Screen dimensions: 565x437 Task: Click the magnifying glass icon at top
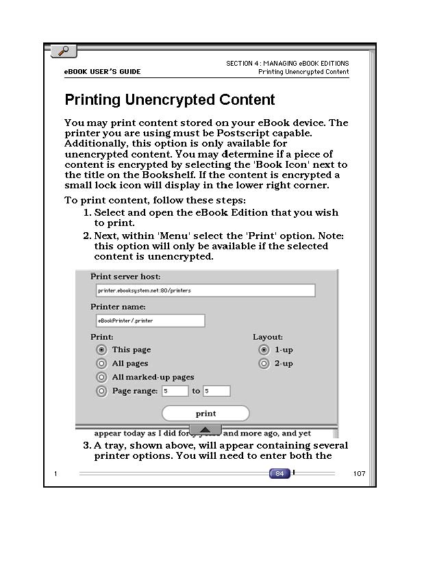[x=64, y=51]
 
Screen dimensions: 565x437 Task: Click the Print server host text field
[x=205, y=290]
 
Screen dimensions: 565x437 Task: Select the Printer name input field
[x=151, y=321]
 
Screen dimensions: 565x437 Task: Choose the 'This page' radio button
[x=102, y=350]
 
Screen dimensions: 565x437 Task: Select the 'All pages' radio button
[x=102, y=364]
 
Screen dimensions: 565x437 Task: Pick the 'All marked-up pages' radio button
[x=102, y=377]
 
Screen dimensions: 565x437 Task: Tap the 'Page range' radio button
[x=102, y=392]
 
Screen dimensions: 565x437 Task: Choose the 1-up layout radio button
[x=264, y=350]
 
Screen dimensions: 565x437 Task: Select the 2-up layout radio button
[x=264, y=364]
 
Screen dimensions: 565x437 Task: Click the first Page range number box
[x=175, y=391]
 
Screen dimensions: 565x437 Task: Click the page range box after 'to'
[x=216, y=391]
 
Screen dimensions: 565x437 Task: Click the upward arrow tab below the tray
[x=205, y=429]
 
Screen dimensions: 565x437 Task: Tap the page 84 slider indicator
[x=279, y=473]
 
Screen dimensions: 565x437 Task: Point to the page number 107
[x=360, y=474]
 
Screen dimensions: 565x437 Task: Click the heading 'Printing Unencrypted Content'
[x=170, y=100]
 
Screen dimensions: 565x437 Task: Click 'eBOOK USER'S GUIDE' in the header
[x=102, y=72]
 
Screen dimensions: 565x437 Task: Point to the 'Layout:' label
[x=268, y=337]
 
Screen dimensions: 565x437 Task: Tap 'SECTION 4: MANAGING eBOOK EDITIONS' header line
[x=287, y=64]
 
